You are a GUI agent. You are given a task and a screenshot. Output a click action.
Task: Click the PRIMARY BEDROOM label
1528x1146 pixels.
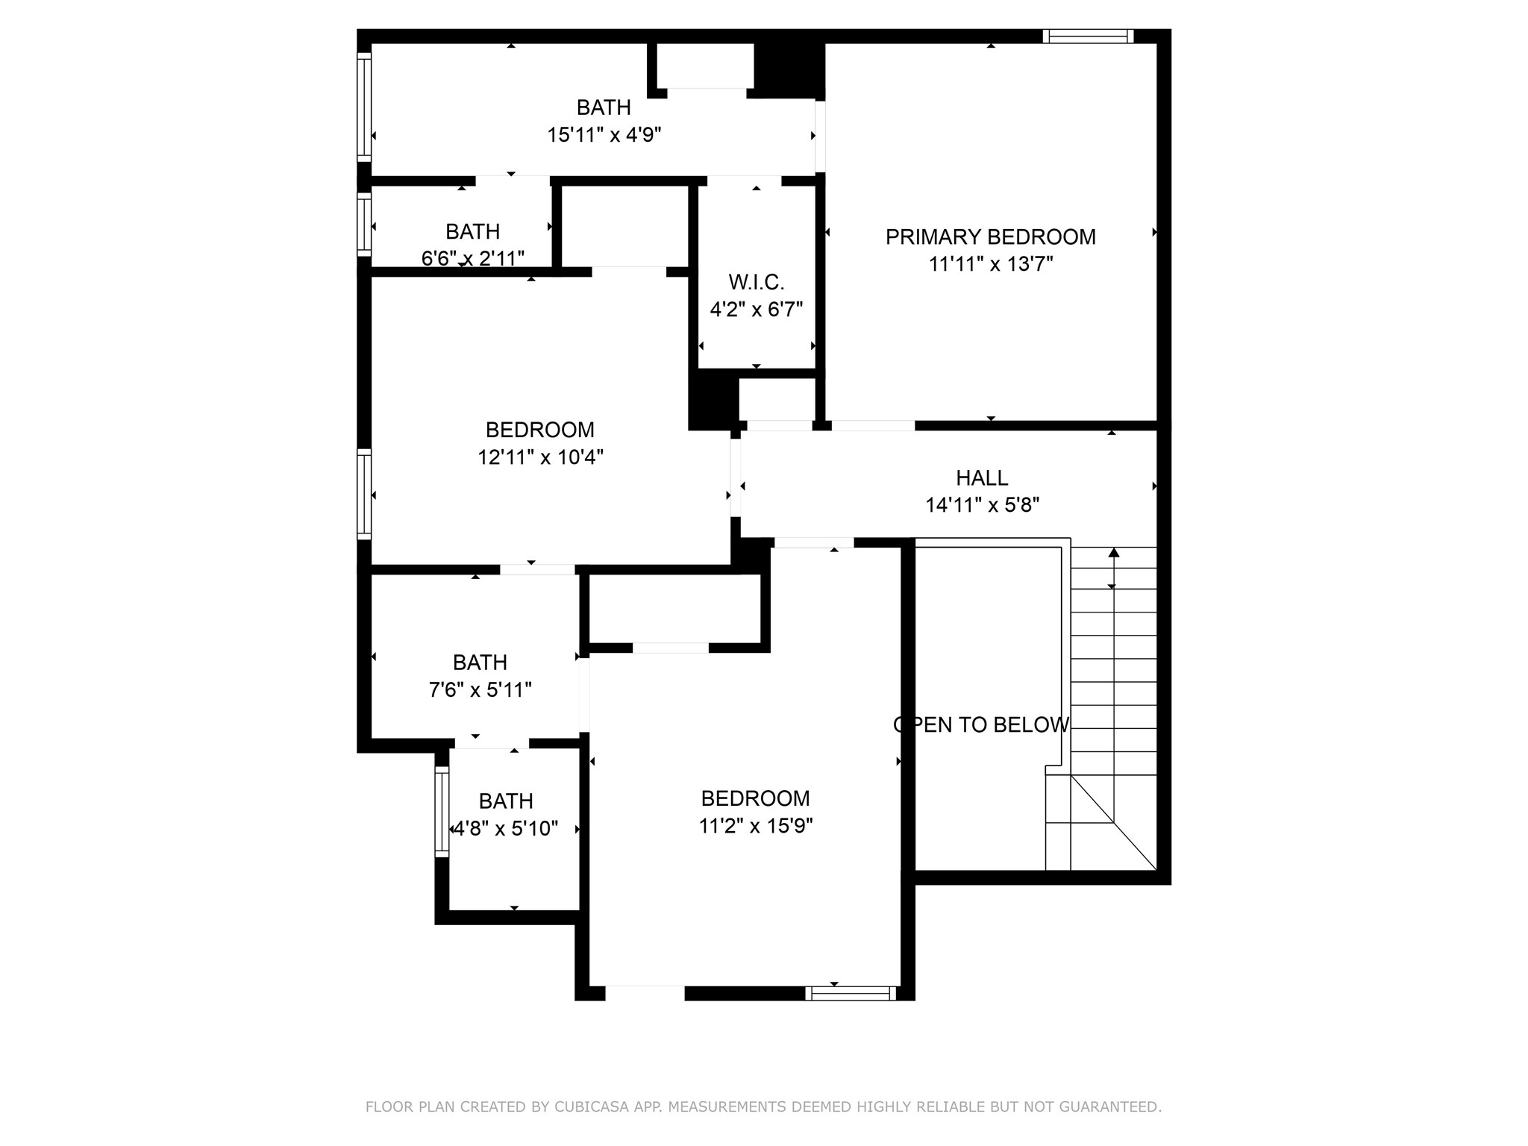(x=990, y=237)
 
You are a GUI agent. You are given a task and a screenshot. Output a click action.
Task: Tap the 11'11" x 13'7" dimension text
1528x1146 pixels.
(x=990, y=264)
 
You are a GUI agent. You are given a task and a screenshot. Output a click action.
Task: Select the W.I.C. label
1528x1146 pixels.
(x=756, y=282)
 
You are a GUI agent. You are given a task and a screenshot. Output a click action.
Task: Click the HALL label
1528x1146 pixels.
(x=982, y=477)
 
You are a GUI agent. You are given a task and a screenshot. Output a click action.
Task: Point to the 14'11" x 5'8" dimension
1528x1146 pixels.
(x=982, y=505)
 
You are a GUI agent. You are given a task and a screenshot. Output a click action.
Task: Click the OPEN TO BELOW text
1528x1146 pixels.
(x=981, y=724)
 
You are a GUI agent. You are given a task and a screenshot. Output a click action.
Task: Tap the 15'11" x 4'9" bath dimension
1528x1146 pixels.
(x=604, y=135)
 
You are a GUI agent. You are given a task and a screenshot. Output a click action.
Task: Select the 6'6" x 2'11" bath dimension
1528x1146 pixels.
(x=472, y=258)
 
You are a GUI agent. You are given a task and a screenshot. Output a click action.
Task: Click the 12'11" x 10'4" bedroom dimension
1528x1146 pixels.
(x=540, y=457)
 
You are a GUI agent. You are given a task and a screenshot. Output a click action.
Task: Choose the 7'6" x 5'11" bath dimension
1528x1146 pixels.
(x=480, y=689)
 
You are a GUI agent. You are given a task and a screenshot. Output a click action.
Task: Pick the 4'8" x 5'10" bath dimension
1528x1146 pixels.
(x=506, y=828)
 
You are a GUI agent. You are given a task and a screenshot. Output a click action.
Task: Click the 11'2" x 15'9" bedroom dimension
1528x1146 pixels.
(x=755, y=826)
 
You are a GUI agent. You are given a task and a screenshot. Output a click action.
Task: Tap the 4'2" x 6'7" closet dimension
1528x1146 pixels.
(x=756, y=309)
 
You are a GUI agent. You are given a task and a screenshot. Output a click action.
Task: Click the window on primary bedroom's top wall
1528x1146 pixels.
(x=1088, y=36)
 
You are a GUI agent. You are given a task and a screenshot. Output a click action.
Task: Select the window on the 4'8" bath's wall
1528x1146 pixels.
(x=442, y=811)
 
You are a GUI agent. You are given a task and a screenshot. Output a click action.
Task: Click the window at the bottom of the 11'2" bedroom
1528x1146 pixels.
(x=850, y=993)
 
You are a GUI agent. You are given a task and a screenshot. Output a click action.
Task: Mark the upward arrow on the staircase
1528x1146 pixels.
(x=1113, y=553)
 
